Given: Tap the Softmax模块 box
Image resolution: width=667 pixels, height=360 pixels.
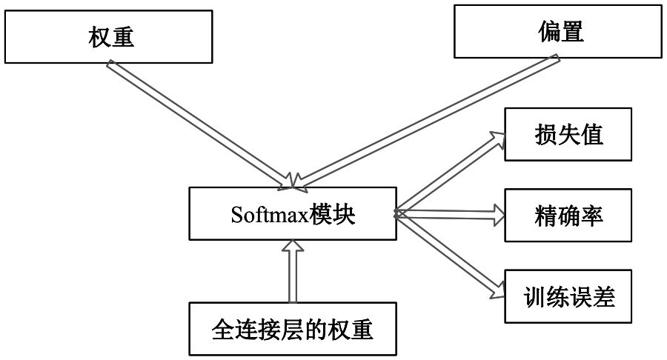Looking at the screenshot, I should [x=291, y=214].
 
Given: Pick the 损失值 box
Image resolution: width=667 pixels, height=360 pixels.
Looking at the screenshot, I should [x=568, y=134].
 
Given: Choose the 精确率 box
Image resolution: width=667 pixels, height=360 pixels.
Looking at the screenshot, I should [x=568, y=215].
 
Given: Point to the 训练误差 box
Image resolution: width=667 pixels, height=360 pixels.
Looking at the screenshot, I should [x=568, y=296].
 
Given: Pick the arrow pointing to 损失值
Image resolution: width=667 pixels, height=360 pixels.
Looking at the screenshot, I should [x=449, y=173].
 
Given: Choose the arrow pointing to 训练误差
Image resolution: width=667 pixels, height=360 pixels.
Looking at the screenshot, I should [x=449, y=256].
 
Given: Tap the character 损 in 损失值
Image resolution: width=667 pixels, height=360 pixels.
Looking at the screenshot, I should [x=545, y=134].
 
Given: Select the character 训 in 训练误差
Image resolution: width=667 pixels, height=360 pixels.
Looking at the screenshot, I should [x=532, y=296].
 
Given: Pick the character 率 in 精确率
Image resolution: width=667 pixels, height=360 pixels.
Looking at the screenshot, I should [x=592, y=215].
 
